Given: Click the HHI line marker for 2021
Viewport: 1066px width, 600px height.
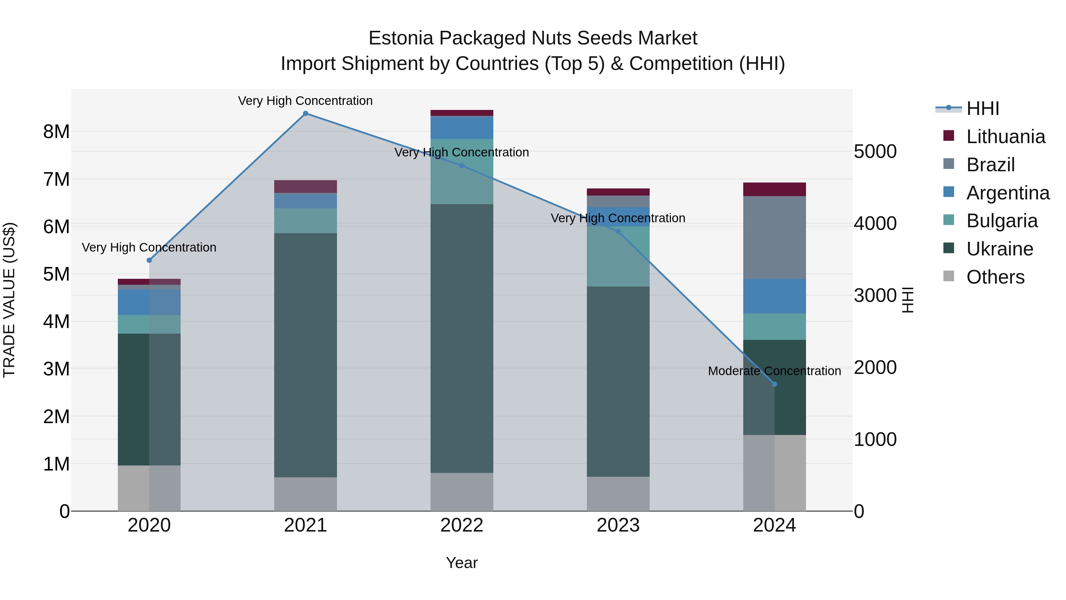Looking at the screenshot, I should tap(305, 113).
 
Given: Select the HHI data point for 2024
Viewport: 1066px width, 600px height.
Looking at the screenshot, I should tap(775, 384).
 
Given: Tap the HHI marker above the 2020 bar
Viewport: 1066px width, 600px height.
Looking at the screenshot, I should tap(150, 260).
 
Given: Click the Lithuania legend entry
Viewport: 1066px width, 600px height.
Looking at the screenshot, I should tap(1006, 137).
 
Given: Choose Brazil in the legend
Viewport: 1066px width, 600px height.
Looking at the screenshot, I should tap(990, 165).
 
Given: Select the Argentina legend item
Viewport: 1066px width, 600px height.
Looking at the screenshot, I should tap(1008, 193).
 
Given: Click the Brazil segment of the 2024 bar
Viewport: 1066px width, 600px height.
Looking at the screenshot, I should tap(775, 238).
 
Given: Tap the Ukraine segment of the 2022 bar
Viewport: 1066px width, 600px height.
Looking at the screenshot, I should tap(462, 338).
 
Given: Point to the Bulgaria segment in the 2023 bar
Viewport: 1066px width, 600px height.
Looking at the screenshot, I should tap(618, 257).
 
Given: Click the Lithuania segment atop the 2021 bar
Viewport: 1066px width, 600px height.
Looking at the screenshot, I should tap(305, 187).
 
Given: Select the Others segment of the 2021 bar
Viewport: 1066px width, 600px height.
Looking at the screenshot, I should tap(305, 494).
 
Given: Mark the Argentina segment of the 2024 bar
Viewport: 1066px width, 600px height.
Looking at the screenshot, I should tap(775, 296).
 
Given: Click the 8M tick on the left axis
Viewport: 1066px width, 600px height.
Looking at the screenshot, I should tap(56, 132).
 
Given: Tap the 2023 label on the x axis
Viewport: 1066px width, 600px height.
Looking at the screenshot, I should tap(618, 525).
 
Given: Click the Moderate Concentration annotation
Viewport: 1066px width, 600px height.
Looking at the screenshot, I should tap(774, 371).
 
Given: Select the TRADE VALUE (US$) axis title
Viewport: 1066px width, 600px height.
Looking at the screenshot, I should tap(9, 300).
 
